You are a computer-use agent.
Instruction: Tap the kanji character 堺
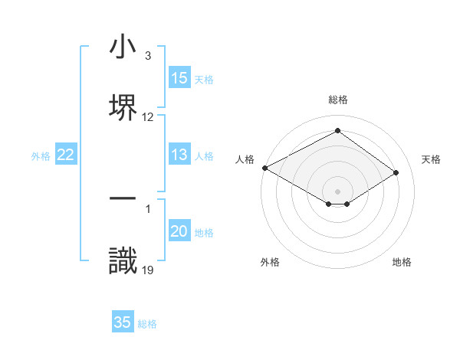click(x=123, y=106)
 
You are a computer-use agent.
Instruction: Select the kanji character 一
click(x=123, y=198)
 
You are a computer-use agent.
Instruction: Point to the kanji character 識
click(x=123, y=260)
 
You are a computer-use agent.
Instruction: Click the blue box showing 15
click(x=179, y=78)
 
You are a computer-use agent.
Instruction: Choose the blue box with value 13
click(x=179, y=155)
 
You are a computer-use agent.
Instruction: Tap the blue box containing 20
click(x=179, y=232)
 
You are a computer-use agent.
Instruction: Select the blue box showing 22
click(x=66, y=155)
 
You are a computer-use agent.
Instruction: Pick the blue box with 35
click(x=123, y=322)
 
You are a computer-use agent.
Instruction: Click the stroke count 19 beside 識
click(x=147, y=270)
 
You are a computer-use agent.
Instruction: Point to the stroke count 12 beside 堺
click(x=148, y=117)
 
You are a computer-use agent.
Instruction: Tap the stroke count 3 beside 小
click(x=148, y=56)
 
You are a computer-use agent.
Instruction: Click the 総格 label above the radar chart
click(x=338, y=100)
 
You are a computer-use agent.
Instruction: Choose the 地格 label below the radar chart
click(x=402, y=262)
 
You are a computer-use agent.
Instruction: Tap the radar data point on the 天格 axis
click(x=396, y=172)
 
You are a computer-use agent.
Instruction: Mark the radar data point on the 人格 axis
click(x=264, y=168)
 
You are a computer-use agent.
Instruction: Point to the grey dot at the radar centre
click(x=338, y=191)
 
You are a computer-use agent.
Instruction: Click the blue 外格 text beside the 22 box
click(x=41, y=156)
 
